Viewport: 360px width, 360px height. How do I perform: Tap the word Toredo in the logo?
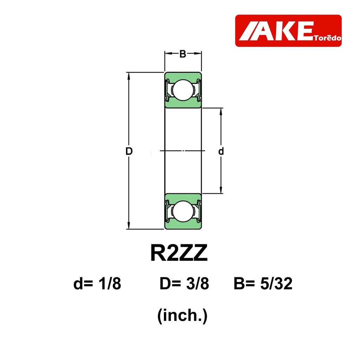327,38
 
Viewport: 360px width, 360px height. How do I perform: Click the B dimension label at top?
183,54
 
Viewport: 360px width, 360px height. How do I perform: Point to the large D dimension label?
129,151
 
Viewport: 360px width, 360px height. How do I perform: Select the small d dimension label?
221,151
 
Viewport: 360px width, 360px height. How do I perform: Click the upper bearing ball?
183,90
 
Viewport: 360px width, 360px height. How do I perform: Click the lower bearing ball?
183,211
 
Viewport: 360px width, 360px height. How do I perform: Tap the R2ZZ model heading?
179,253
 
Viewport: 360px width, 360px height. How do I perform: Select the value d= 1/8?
97,283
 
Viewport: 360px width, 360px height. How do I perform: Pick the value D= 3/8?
184,283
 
